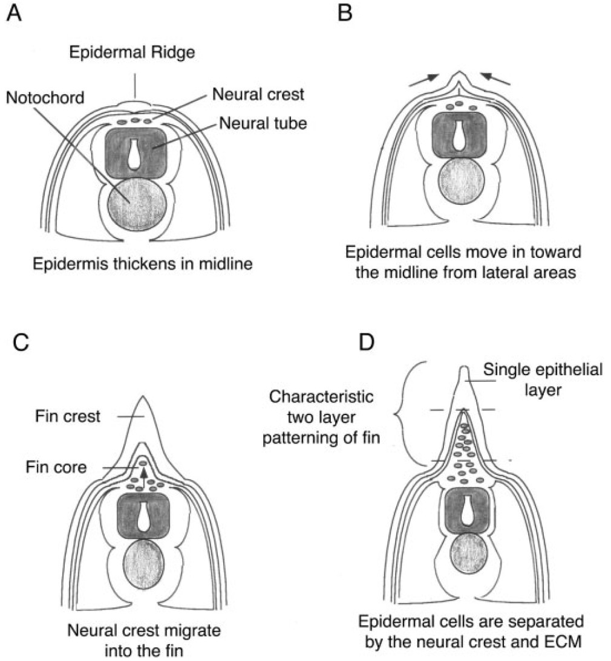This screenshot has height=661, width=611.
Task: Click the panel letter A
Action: [14, 13]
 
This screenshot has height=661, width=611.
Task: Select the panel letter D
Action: [366, 343]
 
